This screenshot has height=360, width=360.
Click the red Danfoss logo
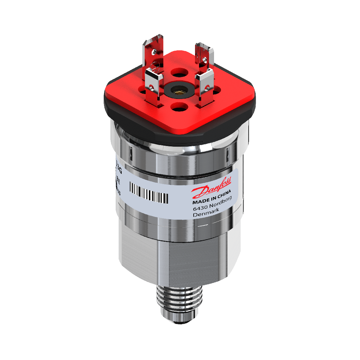pyautogui.click(x=213, y=190)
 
